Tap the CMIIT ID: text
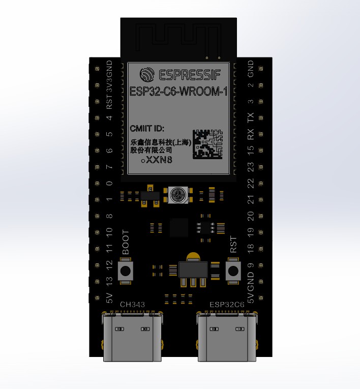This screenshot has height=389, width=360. click(147, 128)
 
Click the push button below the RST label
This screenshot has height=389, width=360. click(233, 271)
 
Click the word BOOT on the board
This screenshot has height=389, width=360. click(126, 244)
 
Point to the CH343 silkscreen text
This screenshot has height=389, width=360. click(132, 305)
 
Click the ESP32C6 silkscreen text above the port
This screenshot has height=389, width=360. click(227, 305)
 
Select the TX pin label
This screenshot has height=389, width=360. click(250, 118)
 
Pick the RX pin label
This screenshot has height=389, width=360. click(250, 135)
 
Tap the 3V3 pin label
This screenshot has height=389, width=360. click(109, 84)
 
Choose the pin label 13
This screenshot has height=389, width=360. click(109, 281)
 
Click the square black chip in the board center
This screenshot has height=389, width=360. click(179, 227)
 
